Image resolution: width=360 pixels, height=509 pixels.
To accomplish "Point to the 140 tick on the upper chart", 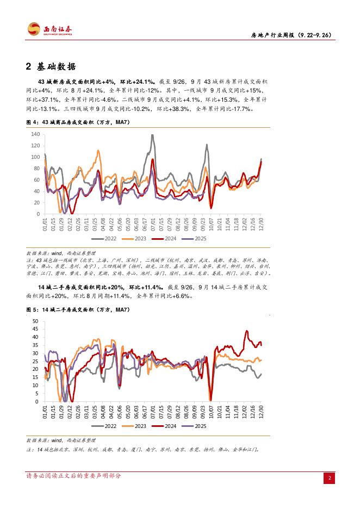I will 35,134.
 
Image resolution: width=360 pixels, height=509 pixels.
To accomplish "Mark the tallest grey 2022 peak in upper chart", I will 152,135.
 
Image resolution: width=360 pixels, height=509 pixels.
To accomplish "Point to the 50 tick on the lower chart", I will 36,321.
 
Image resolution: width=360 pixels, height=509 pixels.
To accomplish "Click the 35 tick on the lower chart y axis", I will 36,345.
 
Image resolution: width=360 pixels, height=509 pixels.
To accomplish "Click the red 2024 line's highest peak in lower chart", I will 247,331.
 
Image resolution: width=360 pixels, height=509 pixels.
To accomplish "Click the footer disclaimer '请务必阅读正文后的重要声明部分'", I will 74,476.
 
